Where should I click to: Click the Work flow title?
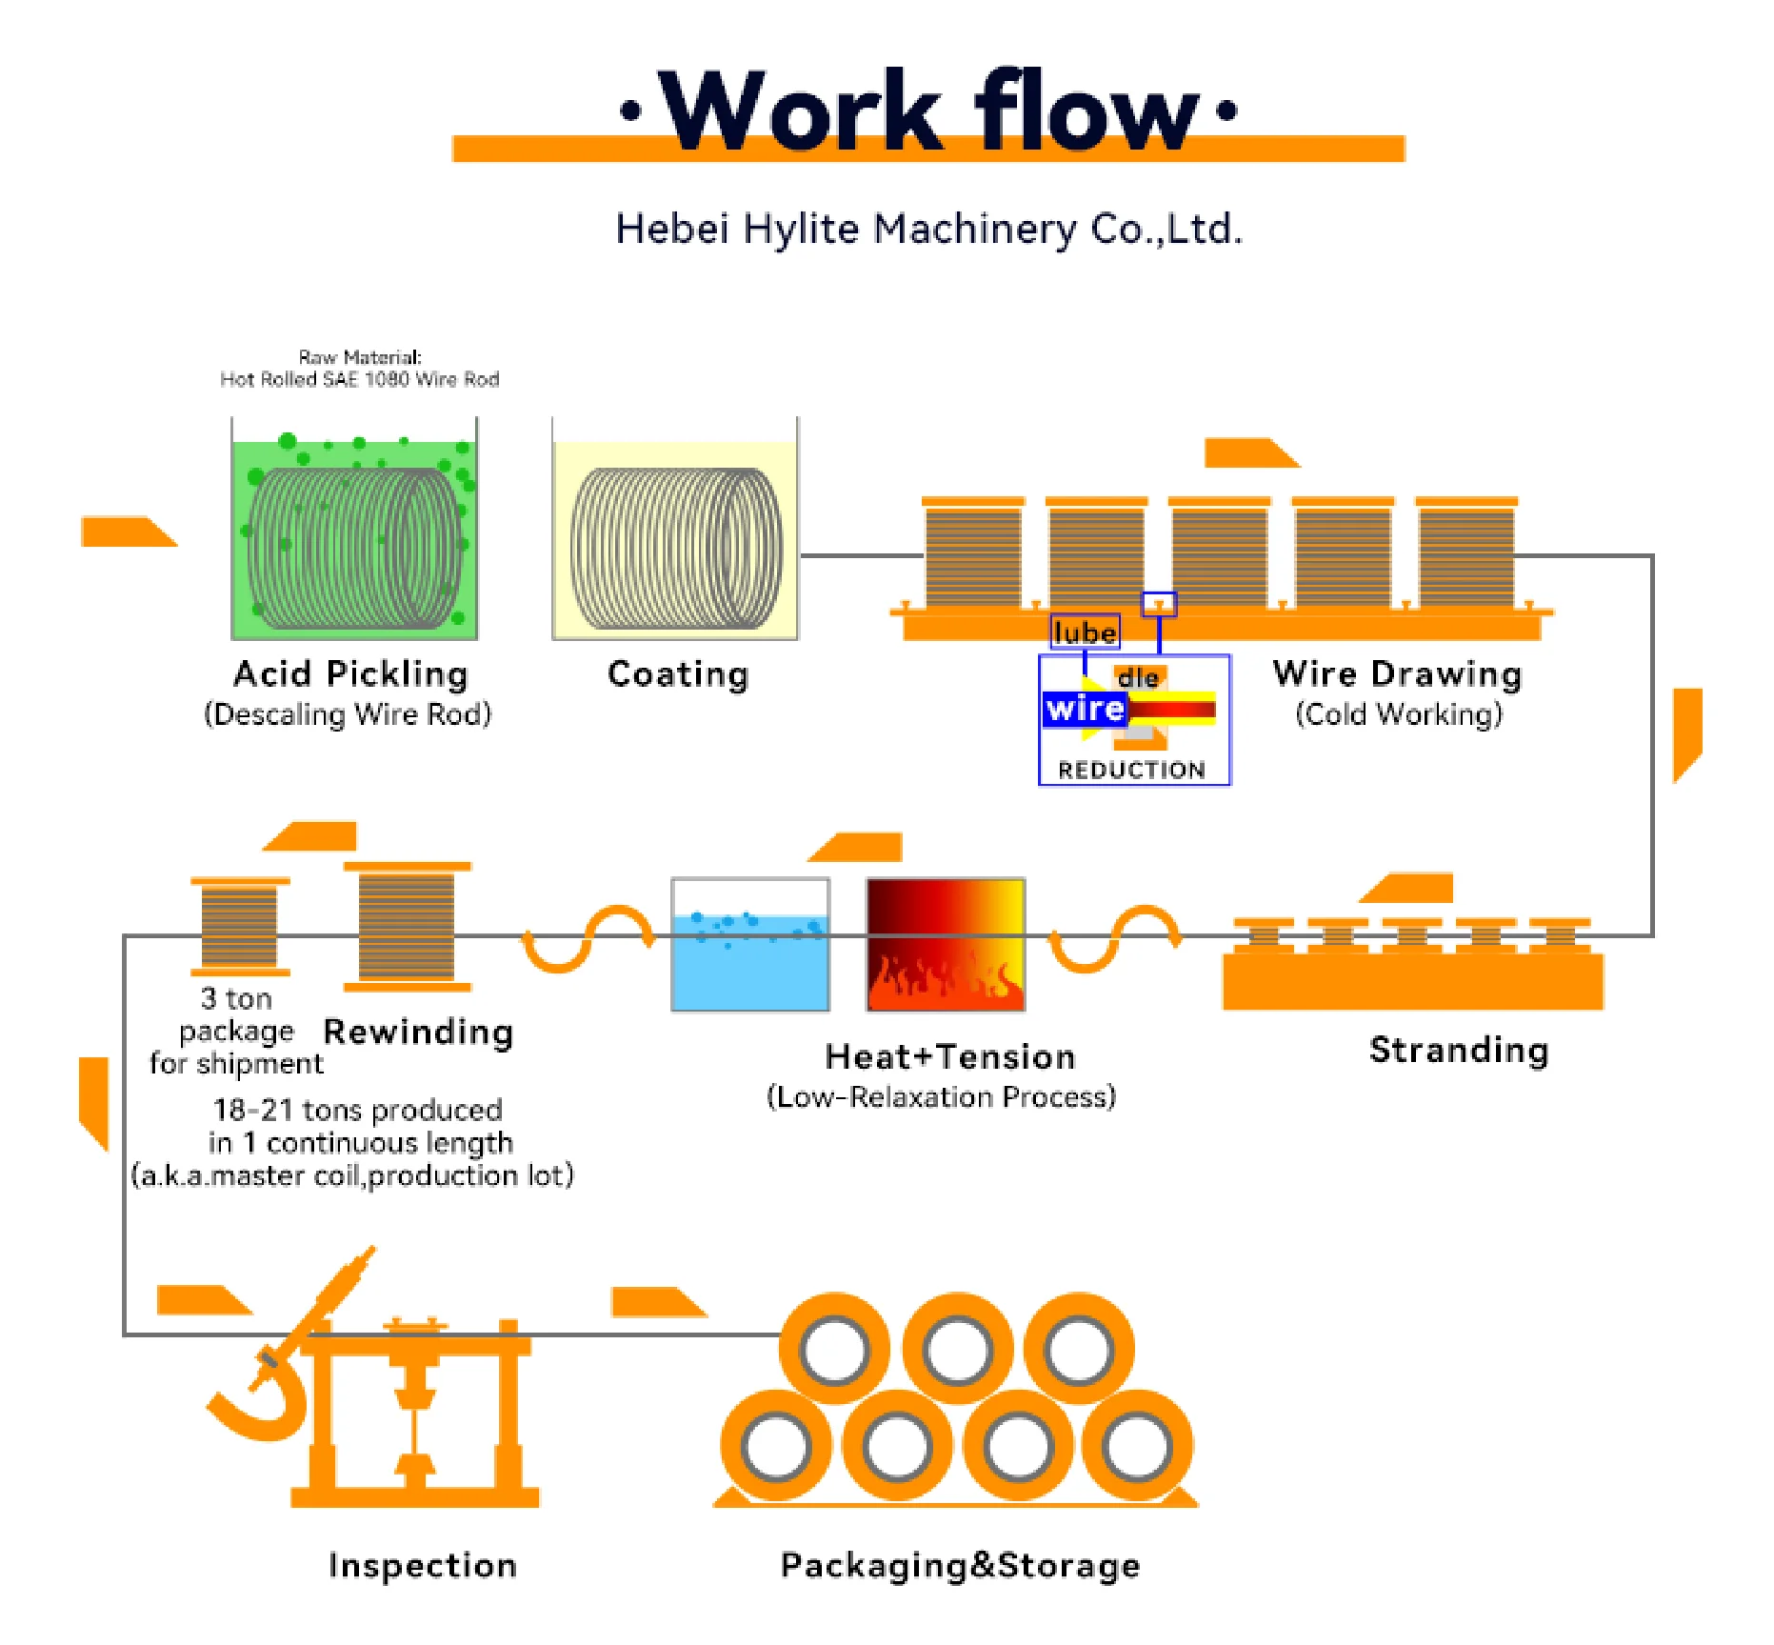pyautogui.click(x=928, y=111)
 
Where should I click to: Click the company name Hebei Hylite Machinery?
pyautogui.click(x=928, y=230)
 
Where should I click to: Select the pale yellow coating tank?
pyautogui.click(x=675, y=538)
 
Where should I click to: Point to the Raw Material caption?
pyautogui.click(x=359, y=369)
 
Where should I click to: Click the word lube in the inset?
pyautogui.click(x=1085, y=632)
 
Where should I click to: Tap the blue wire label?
pyautogui.click(x=1085, y=709)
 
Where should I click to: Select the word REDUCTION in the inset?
pyautogui.click(x=1131, y=770)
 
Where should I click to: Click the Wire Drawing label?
pyautogui.click(x=1397, y=674)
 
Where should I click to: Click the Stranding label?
pyautogui.click(x=1459, y=1050)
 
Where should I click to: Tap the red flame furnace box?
pyautogui.click(x=946, y=944)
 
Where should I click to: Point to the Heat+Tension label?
pyautogui.click(x=950, y=1056)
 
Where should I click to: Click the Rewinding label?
pyautogui.click(x=419, y=1032)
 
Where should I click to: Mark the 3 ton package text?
pyautogui.click(x=236, y=1031)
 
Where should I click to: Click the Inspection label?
pyautogui.click(x=423, y=1565)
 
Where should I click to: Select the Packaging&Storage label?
pyautogui.click(x=960, y=1565)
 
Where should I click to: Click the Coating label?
pyautogui.click(x=678, y=674)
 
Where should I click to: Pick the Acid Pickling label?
pyautogui.click(x=350, y=674)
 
